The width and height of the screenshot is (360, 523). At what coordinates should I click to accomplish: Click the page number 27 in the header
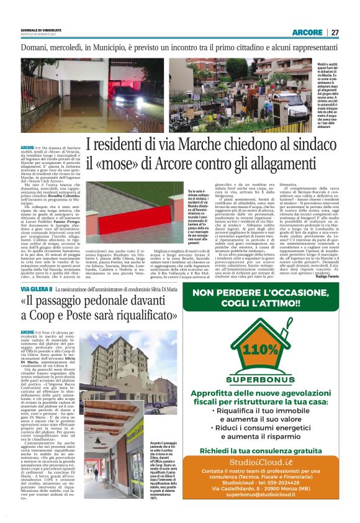pyautogui.click(x=335, y=32)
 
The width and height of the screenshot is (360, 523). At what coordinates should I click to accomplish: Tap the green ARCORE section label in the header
pyautogui.click(x=307, y=32)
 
